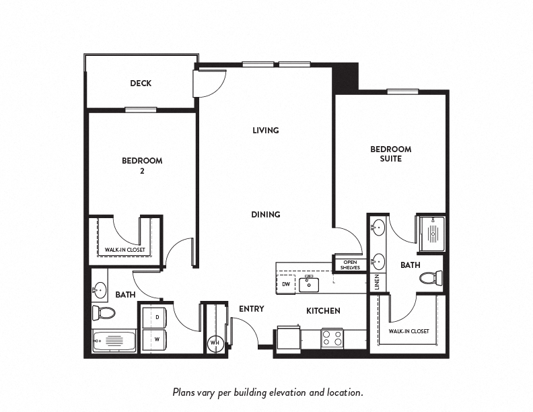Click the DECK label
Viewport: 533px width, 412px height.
click(x=141, y=83)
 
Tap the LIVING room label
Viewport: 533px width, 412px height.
click(x=265, y=130)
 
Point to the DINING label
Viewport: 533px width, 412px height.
click(x=265, y=215)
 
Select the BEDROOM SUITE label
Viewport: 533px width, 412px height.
click(x=390, y=153)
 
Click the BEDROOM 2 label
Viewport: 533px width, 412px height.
click(x=142, y=166)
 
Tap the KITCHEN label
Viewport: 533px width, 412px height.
click(x=323, y=311)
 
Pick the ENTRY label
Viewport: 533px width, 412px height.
click(x=251, y=309)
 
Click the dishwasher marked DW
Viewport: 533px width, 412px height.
click(x=286, y=284)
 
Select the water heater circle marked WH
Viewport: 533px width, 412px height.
click(x=215, y=343)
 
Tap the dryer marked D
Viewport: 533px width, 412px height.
click(x=157, y=317)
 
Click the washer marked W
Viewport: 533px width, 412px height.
click(x=157, y=339)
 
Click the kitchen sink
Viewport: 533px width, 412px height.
click(x=309, y=284)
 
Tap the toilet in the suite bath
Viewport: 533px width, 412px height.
click(x=431, y=277)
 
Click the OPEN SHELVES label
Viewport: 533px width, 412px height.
click(x=350, y=265)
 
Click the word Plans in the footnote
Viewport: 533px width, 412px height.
click(x=184, y=391)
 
